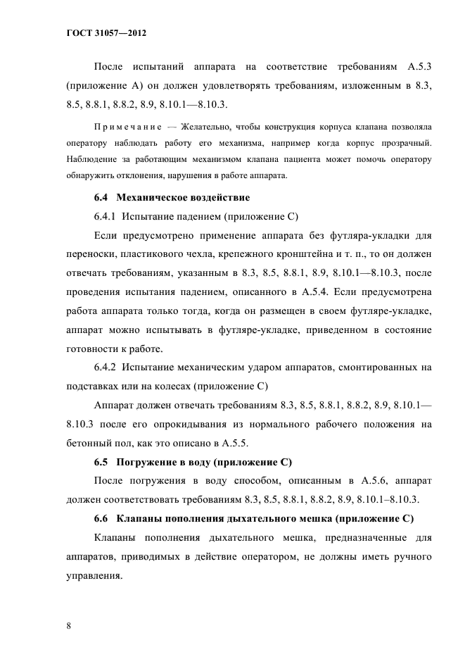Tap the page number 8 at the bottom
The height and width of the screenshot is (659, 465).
[69, 625]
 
